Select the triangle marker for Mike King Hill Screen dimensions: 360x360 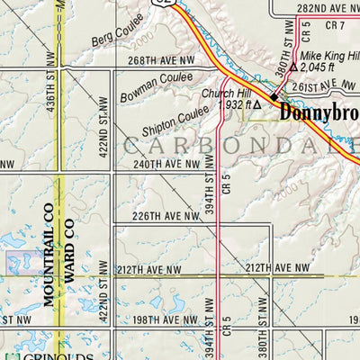click(292, 67)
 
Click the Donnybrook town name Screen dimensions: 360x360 click(319, 113)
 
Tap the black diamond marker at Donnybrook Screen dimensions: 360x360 click(274, 99)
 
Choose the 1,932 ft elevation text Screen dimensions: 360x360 click(232, 105)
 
